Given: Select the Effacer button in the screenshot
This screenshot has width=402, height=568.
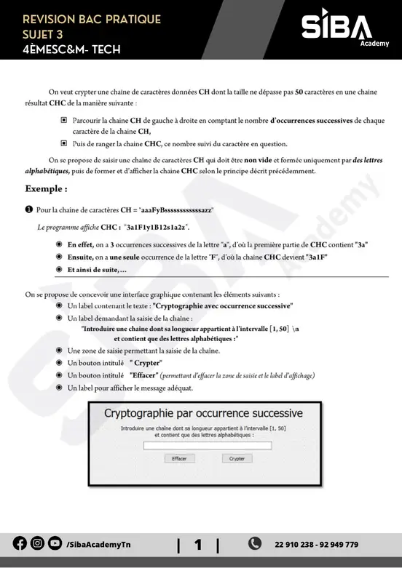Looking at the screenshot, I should coord(179,459).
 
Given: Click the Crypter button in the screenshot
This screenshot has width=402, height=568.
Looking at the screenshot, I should coord(237,459).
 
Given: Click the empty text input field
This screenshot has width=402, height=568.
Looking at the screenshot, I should coord(208,446).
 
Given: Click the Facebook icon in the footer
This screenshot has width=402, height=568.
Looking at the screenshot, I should coord(20,544).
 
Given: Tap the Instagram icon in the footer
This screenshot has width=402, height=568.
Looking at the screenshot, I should coord(37,544).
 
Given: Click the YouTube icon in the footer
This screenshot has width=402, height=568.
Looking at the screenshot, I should coord(55,544).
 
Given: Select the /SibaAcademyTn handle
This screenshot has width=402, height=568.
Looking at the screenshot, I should coord(98,544).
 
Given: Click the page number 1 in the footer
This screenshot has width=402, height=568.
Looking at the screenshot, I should coord(197,544).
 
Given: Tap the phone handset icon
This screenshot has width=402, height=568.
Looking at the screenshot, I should coord(255,543).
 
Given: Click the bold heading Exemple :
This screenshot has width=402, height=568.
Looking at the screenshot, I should coord(46,188).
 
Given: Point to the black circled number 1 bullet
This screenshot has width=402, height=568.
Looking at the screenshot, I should coord(28,209).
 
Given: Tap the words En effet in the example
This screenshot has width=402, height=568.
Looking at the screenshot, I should coord(81,244).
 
